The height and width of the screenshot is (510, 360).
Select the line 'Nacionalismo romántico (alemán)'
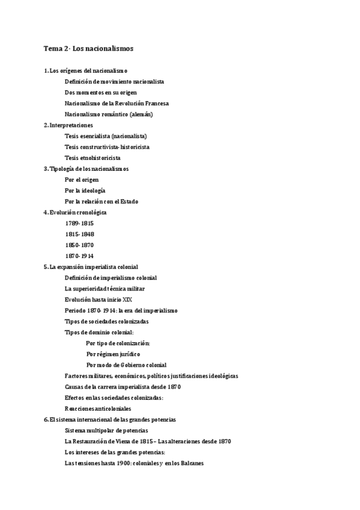(x=108, y=114)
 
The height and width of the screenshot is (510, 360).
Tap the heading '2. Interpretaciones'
(x=68, y=125)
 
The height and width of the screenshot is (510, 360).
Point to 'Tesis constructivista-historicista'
(x=107, y=147)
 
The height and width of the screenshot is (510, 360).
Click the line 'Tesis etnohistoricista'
(x=92, y=158)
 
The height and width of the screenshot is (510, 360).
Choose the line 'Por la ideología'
(x=85, y=191)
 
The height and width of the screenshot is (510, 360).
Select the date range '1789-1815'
(x=79, y=223)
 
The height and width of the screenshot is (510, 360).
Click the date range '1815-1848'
(x=79, y=234)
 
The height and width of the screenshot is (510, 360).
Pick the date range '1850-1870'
(x=79, y=245)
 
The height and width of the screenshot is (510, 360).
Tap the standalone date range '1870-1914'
(x=79, y=256)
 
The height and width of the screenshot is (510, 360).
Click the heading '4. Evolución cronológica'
(x=76, y=212)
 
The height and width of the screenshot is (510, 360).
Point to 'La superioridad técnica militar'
(x=105, y=289)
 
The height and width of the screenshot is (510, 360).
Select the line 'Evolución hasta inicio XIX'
(x=99, y=300)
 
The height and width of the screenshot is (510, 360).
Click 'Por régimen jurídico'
(x=113, y=354)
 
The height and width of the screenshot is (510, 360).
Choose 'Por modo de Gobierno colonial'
(x=126, y=365)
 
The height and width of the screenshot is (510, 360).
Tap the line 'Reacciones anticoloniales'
(x=98, y=409)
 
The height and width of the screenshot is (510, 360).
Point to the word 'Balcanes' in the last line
(x=191, y=463)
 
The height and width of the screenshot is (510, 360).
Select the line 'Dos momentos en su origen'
(x=100, y=93)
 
